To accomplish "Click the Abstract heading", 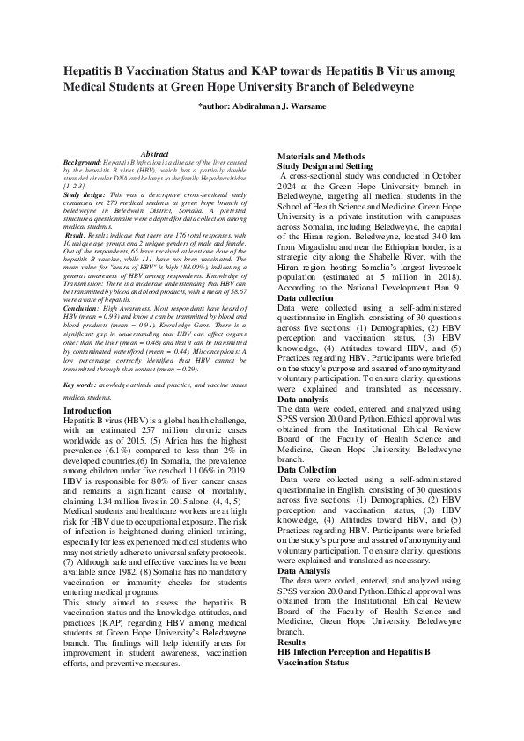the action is pyautogui.click(x=154, y=154).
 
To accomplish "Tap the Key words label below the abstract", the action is pyautogui.click(x=80, y=385).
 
